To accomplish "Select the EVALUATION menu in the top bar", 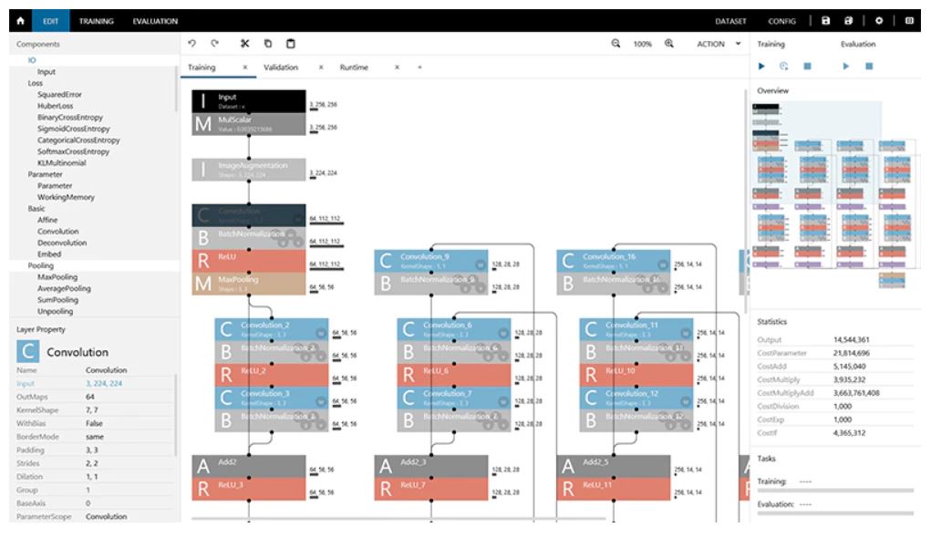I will point(155,20).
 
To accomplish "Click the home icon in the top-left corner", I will point(16,20).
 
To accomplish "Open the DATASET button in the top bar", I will point(731,20).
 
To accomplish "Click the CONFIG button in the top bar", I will point(781,20).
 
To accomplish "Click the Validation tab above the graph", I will point(281,67).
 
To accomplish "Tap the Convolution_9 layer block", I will point(432,261).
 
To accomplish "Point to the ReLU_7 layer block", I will point(432,489).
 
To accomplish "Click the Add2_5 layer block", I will point(615,466).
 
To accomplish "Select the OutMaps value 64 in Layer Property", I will point(90,398).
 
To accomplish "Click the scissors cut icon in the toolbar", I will point(244,44).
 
